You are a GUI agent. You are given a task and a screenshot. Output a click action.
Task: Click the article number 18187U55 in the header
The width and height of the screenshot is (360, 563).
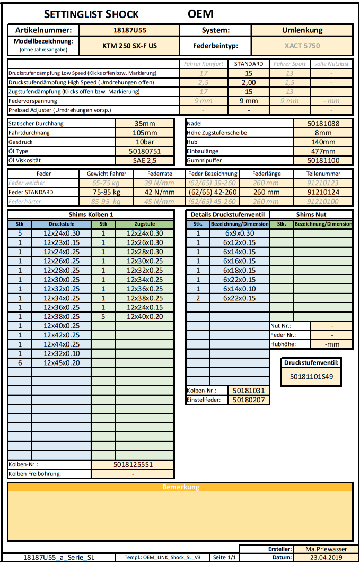tap(130, 30)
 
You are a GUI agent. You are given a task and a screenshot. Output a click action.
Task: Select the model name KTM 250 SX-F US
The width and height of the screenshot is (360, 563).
tap(130, 46)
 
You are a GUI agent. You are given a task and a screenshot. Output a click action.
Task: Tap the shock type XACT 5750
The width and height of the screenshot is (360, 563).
tap(302, 46)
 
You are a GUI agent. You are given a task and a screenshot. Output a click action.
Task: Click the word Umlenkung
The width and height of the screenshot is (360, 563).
tap(302, 30)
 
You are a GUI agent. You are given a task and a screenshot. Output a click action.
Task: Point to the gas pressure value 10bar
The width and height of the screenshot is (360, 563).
tap(145, 142)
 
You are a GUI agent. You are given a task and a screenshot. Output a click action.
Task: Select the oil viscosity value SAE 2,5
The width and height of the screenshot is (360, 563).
tap(145, 160)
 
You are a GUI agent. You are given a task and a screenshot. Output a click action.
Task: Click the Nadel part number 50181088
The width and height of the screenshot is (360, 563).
tap(323, 123)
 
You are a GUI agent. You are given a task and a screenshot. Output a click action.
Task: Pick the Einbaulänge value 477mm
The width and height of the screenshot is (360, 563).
tap(323, 151)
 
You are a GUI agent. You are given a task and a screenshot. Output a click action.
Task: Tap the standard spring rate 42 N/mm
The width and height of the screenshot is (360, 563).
tap(160, 192)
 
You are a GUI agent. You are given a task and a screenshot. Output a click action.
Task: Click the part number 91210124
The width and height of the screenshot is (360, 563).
tap(323, 192)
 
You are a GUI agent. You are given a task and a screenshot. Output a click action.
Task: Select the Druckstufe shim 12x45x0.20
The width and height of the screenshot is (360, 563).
tap(61, 363)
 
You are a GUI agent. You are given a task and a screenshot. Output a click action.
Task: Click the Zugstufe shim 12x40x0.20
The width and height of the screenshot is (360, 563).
tap(145, 316)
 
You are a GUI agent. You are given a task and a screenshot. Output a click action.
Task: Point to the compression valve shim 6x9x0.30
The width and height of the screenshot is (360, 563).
tap(239, 233)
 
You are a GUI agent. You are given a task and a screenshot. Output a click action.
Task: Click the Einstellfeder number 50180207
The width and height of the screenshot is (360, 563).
tap(249, 400)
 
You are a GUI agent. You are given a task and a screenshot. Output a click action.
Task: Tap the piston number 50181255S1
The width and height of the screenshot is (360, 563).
tap(133, 464)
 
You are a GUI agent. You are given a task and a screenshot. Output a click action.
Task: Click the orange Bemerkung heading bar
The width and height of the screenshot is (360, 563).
tap(180, 487)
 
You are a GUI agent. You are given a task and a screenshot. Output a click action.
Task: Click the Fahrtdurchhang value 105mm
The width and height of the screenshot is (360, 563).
tap(145, 133)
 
